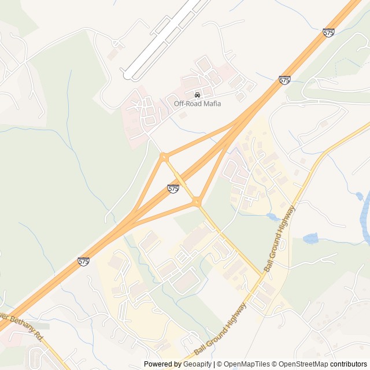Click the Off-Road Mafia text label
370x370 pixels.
click(x=197, y=103)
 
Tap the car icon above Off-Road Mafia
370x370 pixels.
click(x=197, y=94)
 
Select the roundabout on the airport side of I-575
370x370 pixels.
click(x=164, y=156)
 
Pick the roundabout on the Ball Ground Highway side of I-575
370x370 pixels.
click(x=197, y=202)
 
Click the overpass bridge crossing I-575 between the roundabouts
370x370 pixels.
click(x=180, y=179)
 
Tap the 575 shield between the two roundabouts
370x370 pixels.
click(x=173, y=188)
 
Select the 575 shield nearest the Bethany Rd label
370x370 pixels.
click(x=83, y=262)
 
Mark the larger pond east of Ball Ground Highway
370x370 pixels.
click(x=310, y=238)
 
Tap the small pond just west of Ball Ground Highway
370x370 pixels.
click(x=272, y=217)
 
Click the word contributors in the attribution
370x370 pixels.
click(x=349, y=364)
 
